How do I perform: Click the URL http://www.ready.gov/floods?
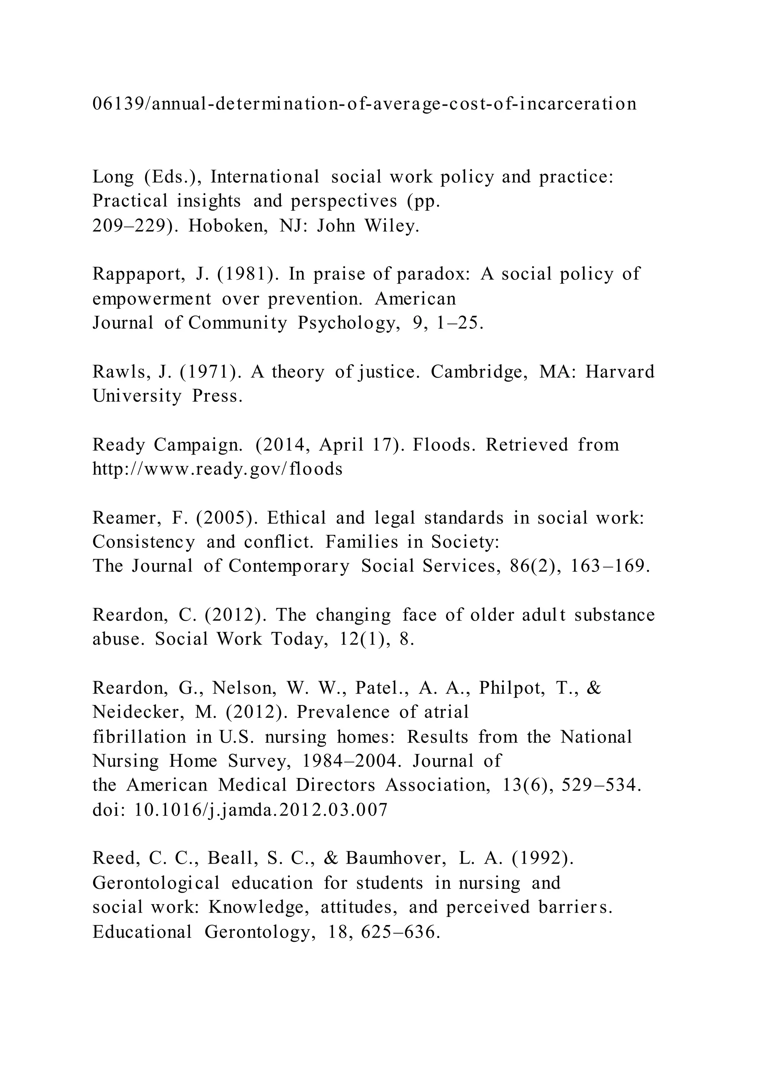(x=218, y=469)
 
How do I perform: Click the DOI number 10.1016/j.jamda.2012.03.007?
(x=261, y=810)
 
